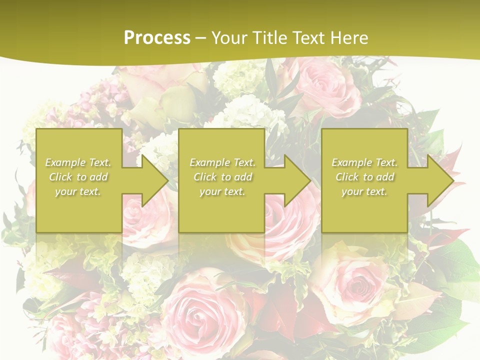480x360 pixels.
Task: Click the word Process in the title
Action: click(157, 38)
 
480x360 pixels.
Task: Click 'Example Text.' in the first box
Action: click(78, 162)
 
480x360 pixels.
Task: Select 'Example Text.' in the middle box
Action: click(222, 162)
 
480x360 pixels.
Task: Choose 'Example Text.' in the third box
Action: click(364, 162)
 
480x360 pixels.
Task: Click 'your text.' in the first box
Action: click(78, 191)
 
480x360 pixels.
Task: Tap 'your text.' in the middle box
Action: click(222, 191)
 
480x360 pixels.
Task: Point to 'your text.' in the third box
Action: click(364, 191)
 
